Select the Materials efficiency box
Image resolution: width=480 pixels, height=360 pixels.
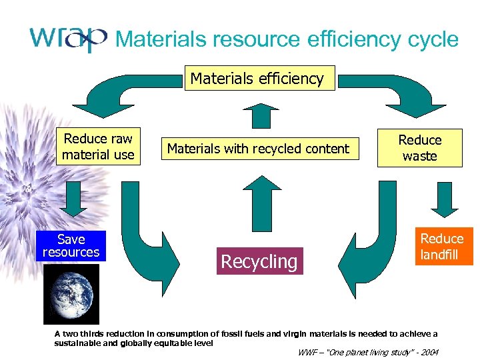257,79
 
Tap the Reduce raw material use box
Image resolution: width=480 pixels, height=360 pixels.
98,147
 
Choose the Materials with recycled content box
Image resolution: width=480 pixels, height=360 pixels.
258,149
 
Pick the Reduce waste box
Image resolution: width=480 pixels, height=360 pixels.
420,148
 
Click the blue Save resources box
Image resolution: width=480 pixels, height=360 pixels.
71,245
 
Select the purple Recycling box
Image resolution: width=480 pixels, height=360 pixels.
259,261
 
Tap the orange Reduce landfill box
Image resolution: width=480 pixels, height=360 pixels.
442,247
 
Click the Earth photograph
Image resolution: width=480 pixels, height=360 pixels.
71,294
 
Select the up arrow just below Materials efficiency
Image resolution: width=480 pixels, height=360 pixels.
258,114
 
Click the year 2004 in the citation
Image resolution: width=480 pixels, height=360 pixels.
428,352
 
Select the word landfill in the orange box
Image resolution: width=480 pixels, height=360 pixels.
440,255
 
